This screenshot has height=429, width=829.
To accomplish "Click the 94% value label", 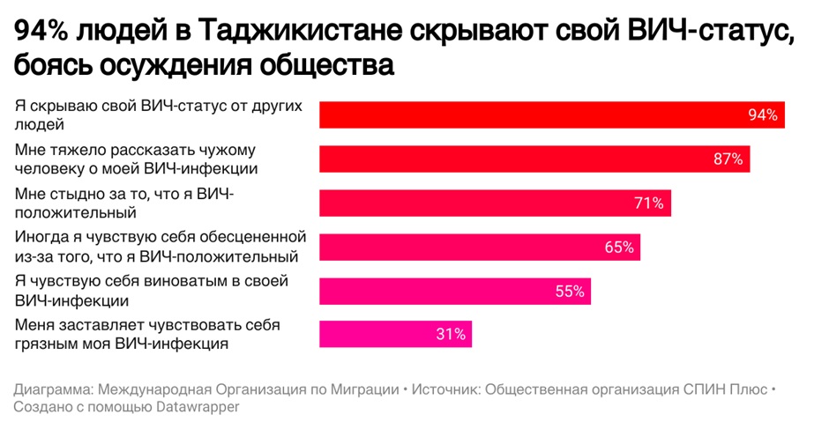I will (x=762, y=115).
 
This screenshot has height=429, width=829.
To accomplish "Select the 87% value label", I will (x=728, y=159).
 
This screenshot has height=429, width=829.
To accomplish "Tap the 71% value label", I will (x=648, y=203).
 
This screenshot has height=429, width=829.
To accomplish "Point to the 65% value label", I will (x=619, y=248).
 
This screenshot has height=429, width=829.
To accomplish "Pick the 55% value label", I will (x=570, y=292).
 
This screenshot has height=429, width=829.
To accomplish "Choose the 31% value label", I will (x=450, y=335).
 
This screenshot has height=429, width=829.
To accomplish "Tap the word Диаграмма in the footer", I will (x=54, y=389).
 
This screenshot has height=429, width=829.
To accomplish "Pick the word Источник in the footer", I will (x=445, y=389).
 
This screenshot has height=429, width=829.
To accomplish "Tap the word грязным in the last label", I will (x=47, y=344).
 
